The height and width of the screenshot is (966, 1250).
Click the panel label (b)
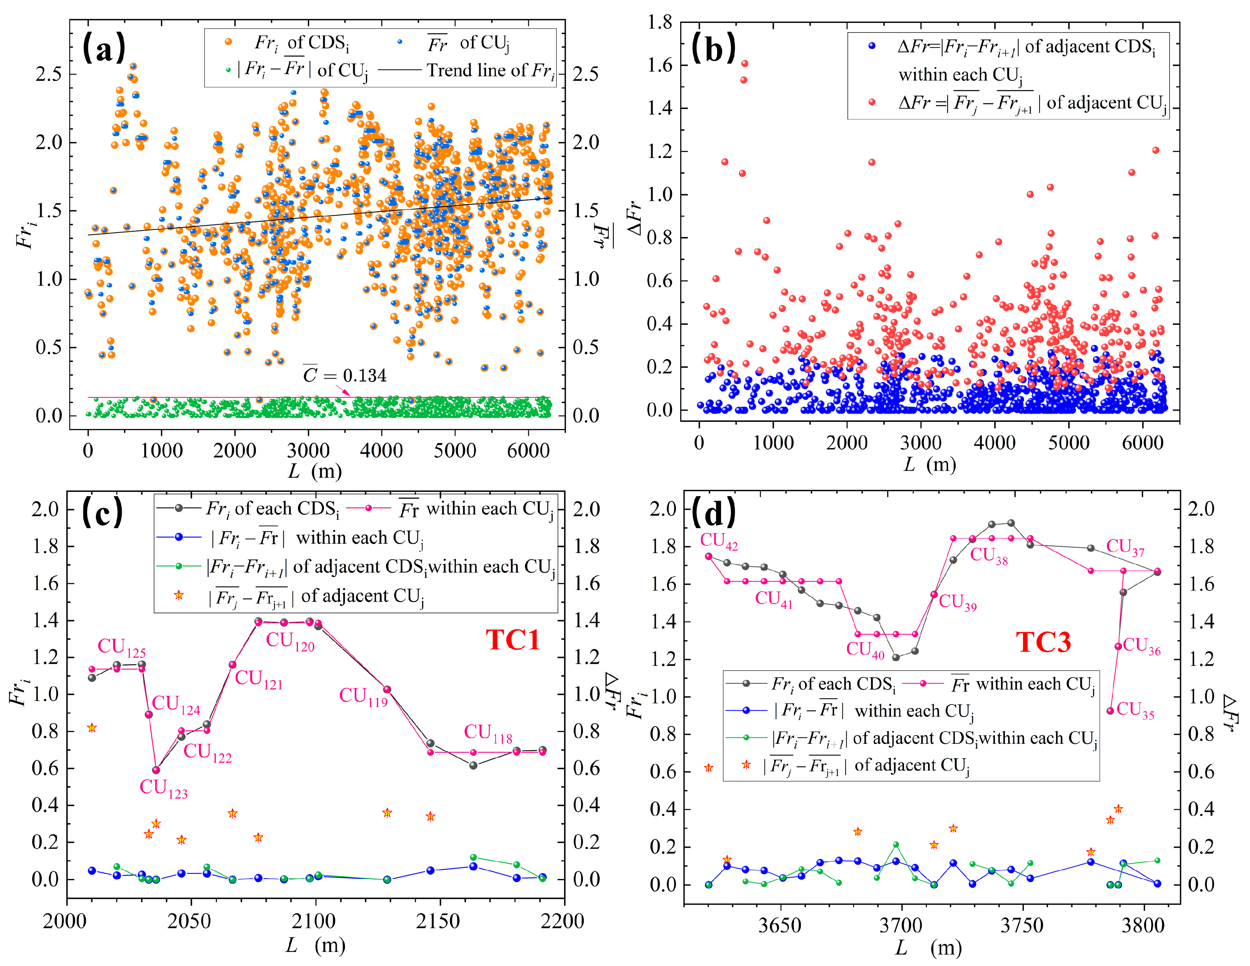pos(713,48)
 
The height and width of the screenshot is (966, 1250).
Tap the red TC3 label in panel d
pos(1043,642)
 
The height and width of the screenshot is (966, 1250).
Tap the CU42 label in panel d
pos(719,541)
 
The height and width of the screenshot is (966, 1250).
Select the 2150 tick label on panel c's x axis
pos(439,921)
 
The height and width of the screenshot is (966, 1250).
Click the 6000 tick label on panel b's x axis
pos(1142,443)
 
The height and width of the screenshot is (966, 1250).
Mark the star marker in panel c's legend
pos(179,595)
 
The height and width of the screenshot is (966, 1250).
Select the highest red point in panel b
pos(744,63)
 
